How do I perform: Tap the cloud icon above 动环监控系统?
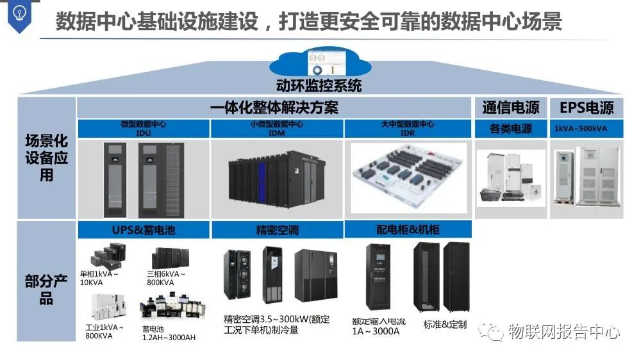click(318, 62)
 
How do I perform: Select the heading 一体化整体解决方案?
click(274, 108)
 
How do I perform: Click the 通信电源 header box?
click(510, 108)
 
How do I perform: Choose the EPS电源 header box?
click(586, 108)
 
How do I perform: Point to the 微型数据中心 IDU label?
click(143, 128)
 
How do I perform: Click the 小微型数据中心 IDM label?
click(277, 128)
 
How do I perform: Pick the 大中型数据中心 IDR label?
click(408, 128)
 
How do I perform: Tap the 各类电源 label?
click(510, 129)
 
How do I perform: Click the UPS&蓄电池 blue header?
click(143, 229)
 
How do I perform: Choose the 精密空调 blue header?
click(277, 229)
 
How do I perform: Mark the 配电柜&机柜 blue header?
click(408, 229)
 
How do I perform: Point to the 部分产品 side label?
click(46, 290)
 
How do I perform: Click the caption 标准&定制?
click(445, 324)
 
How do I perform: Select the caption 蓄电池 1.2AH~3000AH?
click(169, 332)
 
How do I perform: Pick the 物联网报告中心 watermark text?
click(562, 332)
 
